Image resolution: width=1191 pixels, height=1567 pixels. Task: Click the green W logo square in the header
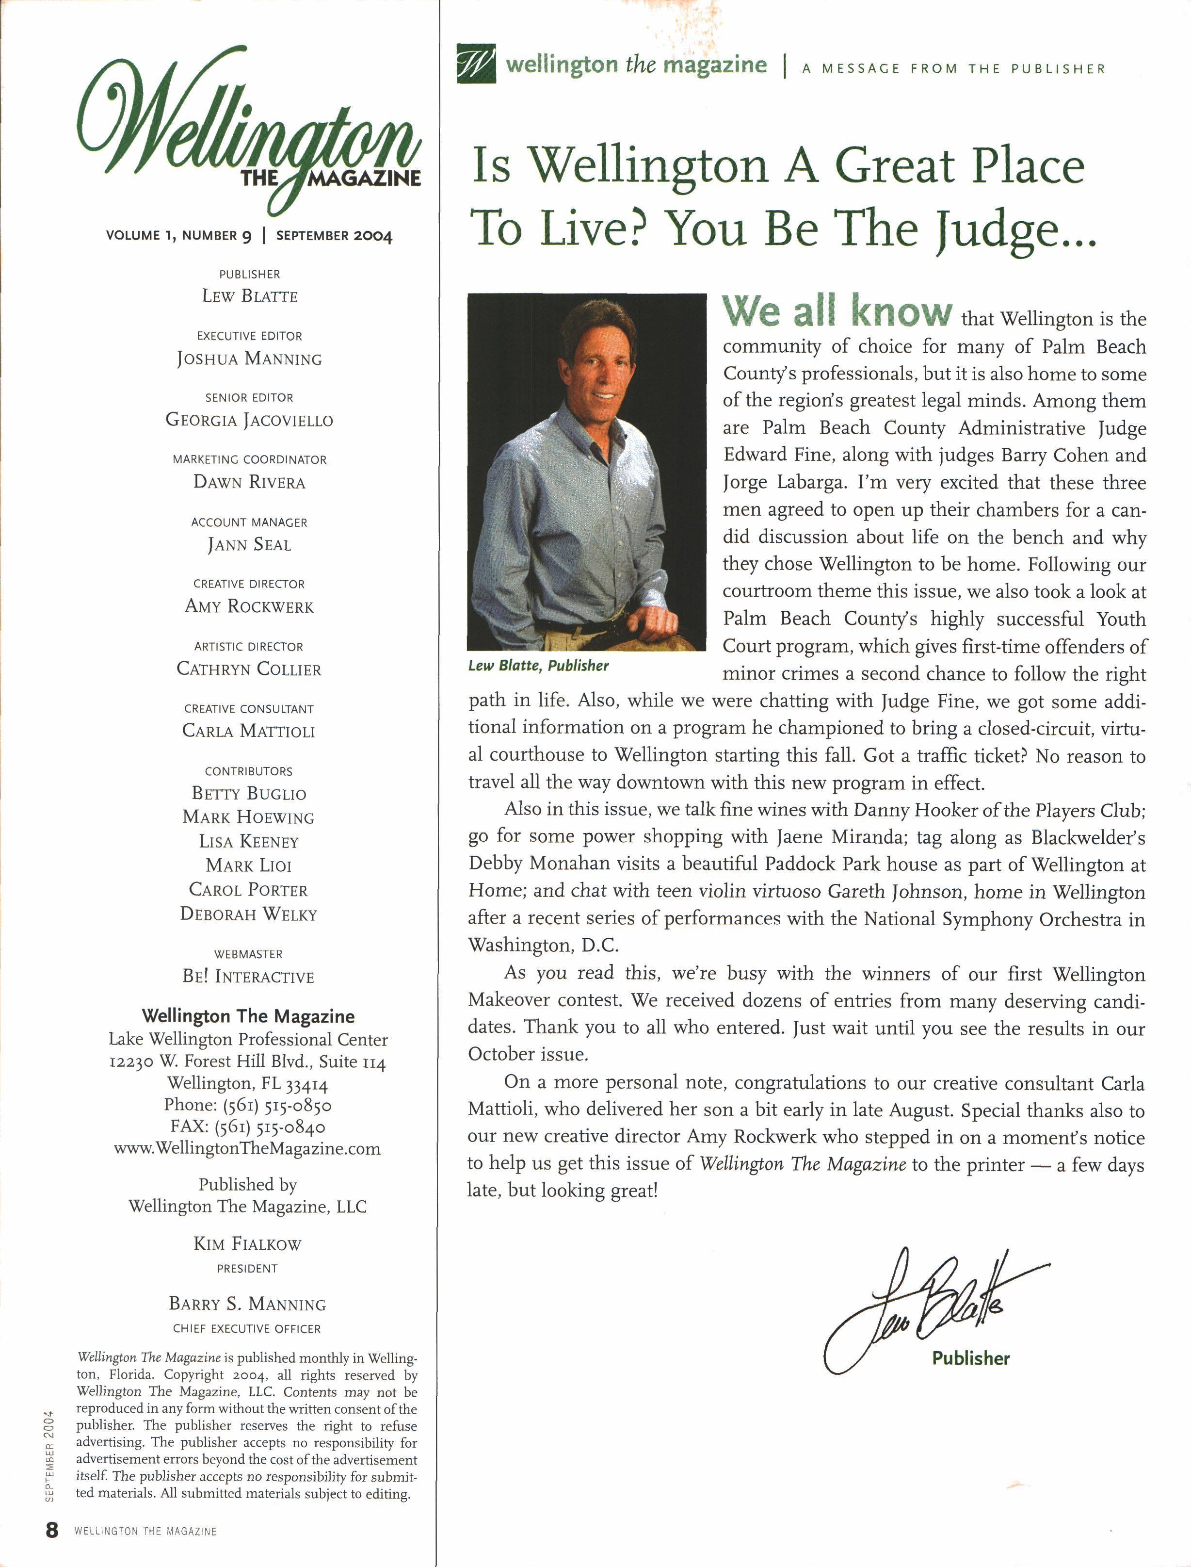coord(476,64)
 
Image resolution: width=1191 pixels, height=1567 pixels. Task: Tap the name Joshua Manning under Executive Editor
coord(249,359)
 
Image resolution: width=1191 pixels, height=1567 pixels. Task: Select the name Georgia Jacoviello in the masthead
coord(249,421)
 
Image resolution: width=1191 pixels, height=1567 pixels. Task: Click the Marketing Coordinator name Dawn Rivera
coord(249,482)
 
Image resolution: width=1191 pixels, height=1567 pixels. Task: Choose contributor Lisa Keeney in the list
coord(249,842)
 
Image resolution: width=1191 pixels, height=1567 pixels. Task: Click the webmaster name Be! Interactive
coord(248,977)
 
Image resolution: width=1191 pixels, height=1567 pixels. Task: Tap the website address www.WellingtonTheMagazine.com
coord(247,1149)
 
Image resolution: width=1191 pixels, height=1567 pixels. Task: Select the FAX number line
coord(247,1126)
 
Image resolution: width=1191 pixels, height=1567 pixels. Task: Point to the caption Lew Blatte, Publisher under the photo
coord(538,666)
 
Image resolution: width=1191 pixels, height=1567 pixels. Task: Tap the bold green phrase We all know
coord(837,312)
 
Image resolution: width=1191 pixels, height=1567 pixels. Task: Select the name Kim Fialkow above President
coord(247,1244)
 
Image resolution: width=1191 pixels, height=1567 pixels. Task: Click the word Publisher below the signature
coord(970,1358)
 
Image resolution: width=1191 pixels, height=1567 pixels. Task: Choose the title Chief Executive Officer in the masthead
coord(247,1329)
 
